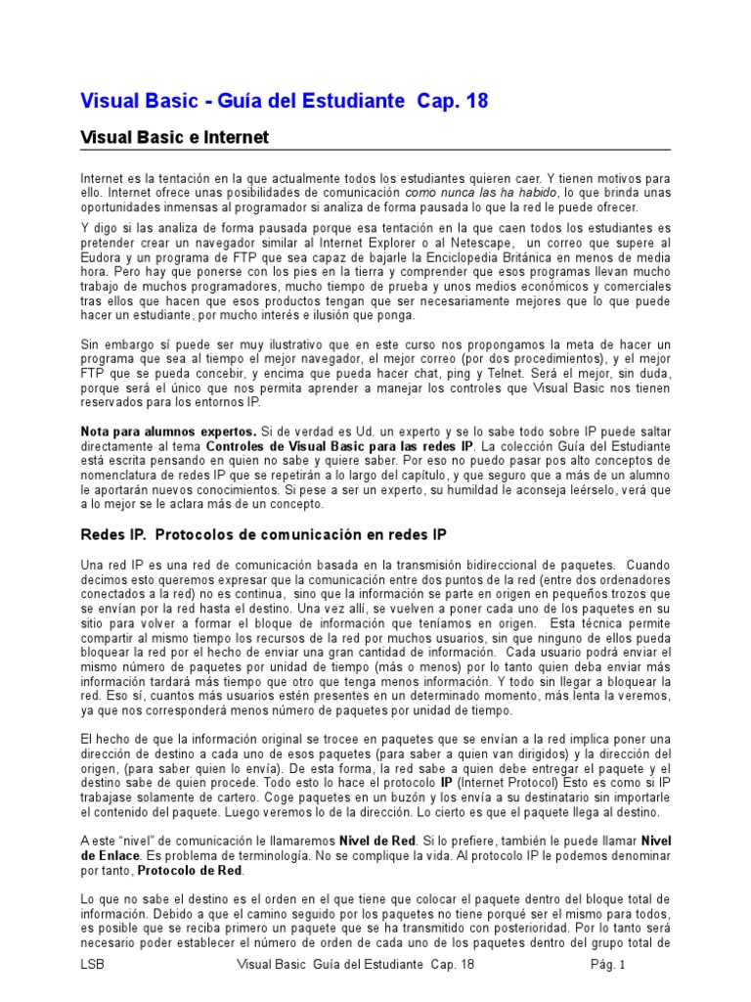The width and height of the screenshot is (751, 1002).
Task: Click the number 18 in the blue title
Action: tap(473, 101)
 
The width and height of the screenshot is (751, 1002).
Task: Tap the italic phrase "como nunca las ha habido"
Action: tap(467, 194)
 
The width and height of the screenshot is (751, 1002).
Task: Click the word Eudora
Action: tap(101, 256)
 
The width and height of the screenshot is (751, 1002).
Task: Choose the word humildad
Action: tap(464, 489)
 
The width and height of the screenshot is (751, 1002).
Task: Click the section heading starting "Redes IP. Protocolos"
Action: tap(262, 535)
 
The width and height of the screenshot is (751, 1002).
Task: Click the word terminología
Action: tap(257, 855)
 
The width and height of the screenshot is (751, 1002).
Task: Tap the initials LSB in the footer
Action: tap(92, 965)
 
